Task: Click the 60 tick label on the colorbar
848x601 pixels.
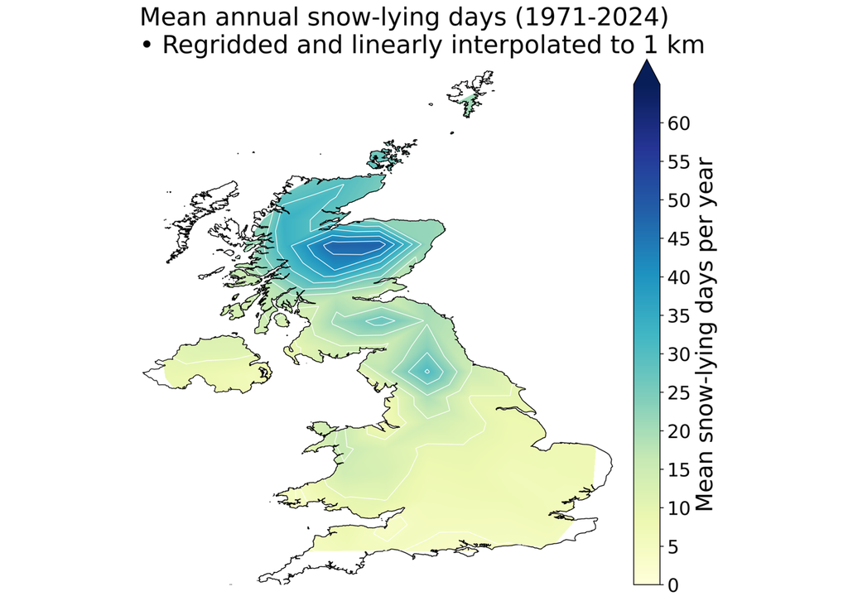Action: coord(679,123)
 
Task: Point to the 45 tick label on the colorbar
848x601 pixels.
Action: coord(679,239)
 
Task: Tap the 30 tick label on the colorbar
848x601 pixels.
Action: coord(679,354)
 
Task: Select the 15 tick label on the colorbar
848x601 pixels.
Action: coord(679,469)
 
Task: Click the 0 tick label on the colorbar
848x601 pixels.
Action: coord(673,584)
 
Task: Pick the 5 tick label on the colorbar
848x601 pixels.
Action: coord(673,546)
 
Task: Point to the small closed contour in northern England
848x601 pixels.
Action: coord(426,372)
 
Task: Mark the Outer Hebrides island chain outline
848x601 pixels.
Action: coord(199,224)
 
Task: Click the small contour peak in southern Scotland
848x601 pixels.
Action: coord(378,321)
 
